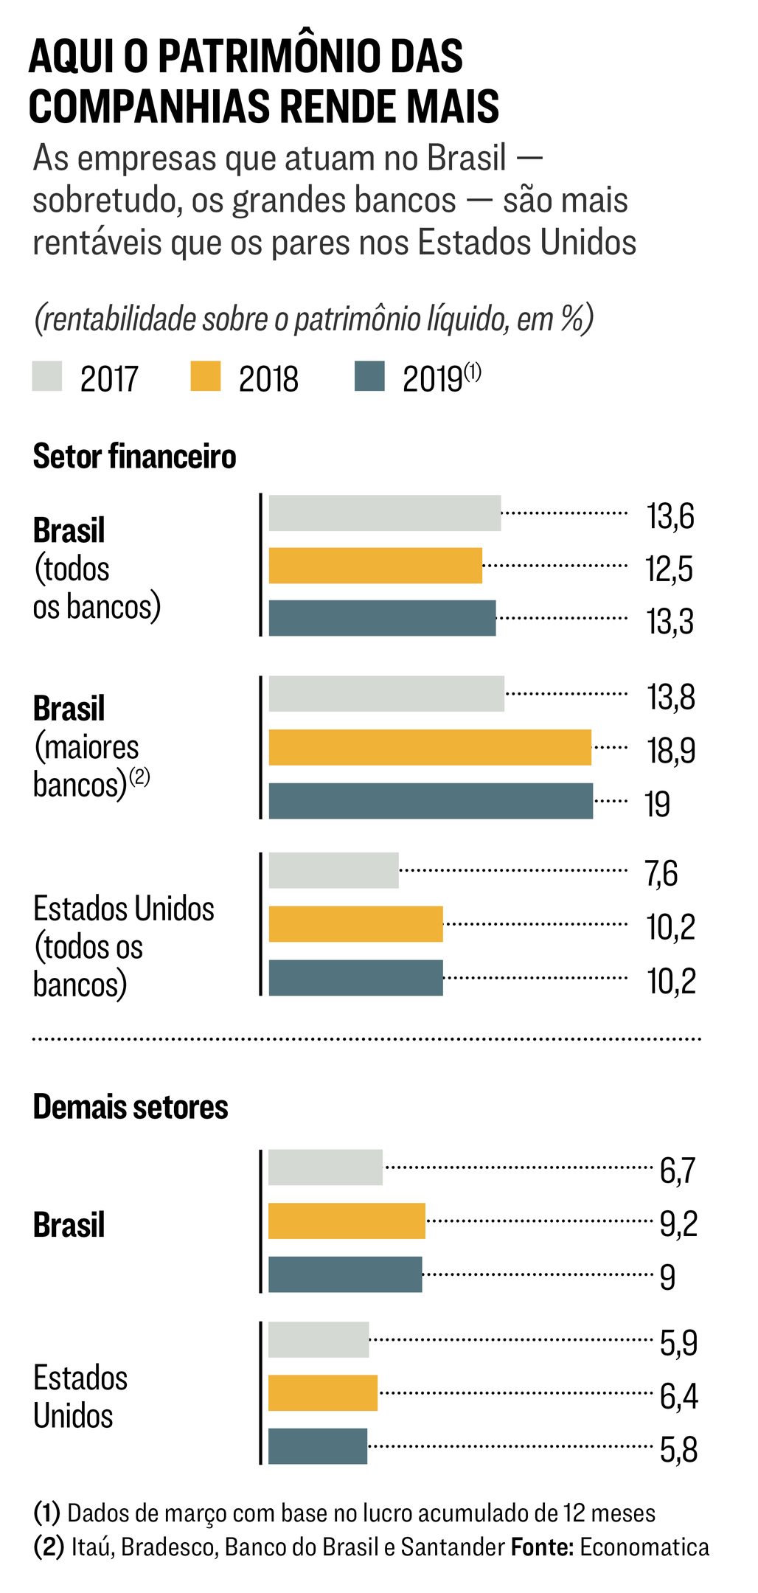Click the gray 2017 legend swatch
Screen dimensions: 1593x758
pyautogui.click(x=47, y=375)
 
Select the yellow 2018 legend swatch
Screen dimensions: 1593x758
pyautogui.click(x=206, y=375)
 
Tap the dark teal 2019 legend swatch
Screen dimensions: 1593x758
pyautogui.click(x=369, y=375)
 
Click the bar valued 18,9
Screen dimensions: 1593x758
pyautogui.click(x=430, y=747)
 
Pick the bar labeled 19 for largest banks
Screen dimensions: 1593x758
pyautogui.click(x=431, y=800)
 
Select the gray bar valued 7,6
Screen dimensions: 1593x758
pyautogui.click(x=333, y=870)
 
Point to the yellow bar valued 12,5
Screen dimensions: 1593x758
pyautogui.click(x=375, y=566)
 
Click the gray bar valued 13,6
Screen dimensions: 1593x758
pyautogui.click(x=384, y=513)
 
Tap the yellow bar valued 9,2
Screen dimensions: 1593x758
pyautogui.click(x=347, y=1221)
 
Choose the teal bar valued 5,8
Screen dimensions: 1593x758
pyautogui.click(x=318, y=1446)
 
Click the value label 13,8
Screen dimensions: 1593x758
pyautogui.click(x=671, y=697)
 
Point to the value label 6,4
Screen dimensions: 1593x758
pyautogui.click(x=678, y=1396)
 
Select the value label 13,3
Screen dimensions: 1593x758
pyautogui.click(x=670, y=622)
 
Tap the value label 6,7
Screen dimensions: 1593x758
pyautogui.click(x=678, y=1170)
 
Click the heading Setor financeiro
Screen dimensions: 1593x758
pyautogui.click(x=134, y=457)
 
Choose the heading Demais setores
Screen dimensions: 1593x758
pyautogui.click(x=131, y=1107)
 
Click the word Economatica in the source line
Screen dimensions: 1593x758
pyautogui.click(x=644, y=1547)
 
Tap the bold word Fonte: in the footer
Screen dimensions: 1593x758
pyautogui.click(x=542, y=1547)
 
